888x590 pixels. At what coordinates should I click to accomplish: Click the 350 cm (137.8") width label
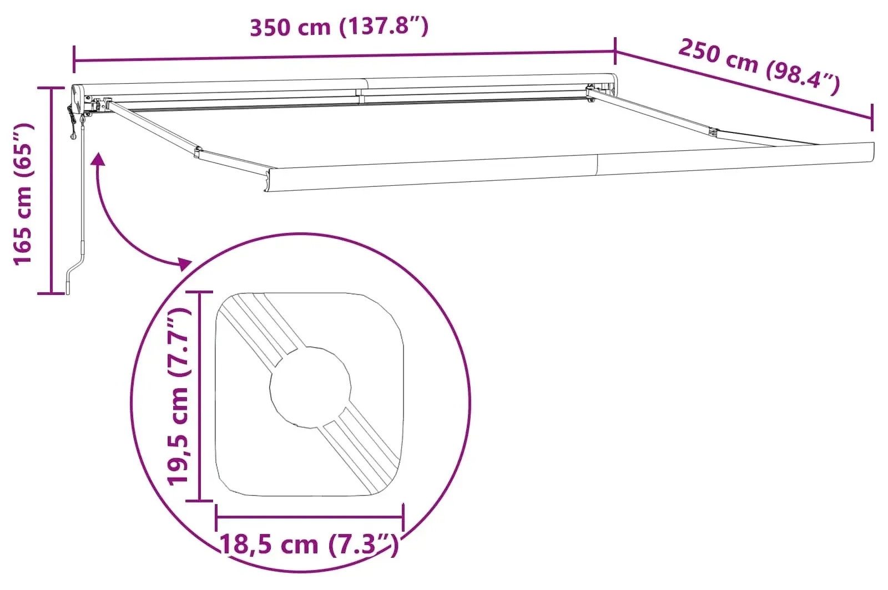coord(339,27)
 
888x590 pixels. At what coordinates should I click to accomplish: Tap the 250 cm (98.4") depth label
coord(759,67)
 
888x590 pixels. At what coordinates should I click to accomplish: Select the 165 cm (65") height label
coord(23,194)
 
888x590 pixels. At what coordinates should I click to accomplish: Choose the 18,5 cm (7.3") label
coord(309,545)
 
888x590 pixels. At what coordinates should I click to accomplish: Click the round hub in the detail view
coord(310,387)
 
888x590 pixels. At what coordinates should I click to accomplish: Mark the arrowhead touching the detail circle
coord(185,264)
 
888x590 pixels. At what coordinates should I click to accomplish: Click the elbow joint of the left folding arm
coord(198,151)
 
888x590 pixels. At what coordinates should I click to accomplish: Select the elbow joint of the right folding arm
coord(713,132)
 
